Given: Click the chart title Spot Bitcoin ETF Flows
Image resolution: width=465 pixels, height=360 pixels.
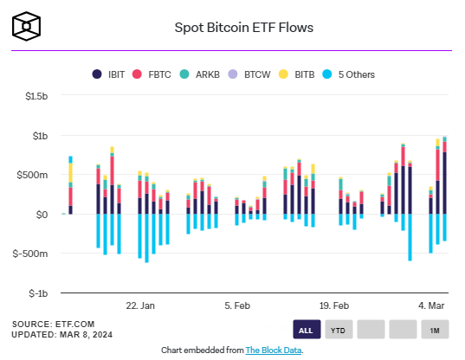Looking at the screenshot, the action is point(244,28).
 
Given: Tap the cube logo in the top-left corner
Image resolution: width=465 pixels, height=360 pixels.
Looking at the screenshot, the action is point(26,26).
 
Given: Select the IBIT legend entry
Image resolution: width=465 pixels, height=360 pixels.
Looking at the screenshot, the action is point(108,74).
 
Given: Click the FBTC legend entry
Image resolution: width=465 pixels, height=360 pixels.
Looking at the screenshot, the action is point(152,74).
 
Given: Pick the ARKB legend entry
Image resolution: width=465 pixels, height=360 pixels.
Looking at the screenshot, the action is point(199,74).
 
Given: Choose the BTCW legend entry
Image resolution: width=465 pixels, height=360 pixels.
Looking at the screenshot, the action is point(249,74).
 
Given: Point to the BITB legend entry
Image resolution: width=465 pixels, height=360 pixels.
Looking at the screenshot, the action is point(296,74).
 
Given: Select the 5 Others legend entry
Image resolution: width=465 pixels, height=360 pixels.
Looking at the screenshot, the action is point(348,74).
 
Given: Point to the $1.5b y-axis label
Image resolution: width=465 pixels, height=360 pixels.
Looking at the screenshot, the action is point(36,96).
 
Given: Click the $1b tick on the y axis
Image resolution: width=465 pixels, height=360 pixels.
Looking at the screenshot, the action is point(40,136).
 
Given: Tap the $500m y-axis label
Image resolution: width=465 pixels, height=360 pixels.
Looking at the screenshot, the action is point(32,175).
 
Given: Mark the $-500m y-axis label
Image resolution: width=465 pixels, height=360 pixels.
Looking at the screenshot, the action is point(30,254).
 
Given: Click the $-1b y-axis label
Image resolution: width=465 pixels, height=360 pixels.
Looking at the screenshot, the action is point(38,293).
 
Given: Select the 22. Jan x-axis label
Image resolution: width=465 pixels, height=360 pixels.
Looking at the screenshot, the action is point(140,305).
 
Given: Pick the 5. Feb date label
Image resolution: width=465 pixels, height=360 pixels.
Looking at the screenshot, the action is point(237,305).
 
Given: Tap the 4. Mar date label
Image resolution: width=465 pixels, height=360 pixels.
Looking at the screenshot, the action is point(431,305).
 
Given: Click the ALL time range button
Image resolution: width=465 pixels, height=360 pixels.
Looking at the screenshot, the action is point(307,329).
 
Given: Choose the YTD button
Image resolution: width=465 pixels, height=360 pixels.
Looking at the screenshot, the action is point(339,329).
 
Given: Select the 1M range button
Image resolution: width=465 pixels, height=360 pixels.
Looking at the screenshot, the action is point(435,329).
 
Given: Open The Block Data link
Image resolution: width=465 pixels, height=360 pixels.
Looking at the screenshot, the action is point(274,350).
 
